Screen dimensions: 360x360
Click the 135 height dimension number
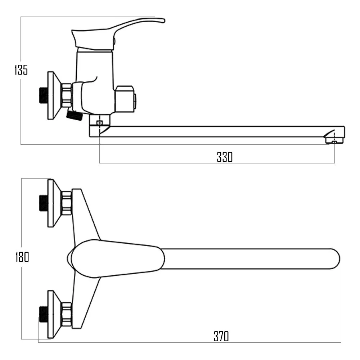21,70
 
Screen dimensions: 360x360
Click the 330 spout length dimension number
225,157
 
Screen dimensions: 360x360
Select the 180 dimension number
22,257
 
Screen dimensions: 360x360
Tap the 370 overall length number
221,336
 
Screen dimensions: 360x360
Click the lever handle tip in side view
163,21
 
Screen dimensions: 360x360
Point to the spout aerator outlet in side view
335,140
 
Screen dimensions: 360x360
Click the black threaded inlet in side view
43,95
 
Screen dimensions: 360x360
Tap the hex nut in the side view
67,95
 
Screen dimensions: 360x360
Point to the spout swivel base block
99,125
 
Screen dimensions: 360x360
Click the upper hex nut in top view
67,203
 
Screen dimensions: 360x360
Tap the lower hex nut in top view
67,314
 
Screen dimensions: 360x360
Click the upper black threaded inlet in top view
43,203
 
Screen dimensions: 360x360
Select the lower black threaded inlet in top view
43,314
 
